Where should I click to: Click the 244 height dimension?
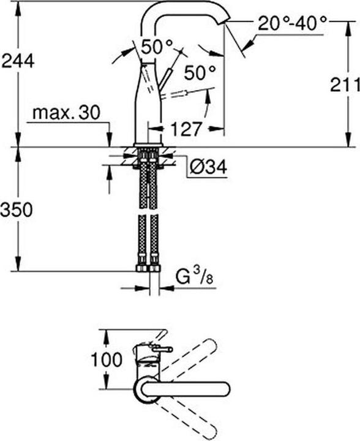click(18, 61)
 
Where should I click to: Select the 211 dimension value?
click(345, 85)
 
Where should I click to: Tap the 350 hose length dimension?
click(17, 210)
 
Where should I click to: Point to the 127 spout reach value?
click(186, 129)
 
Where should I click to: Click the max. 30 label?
click(66, 113)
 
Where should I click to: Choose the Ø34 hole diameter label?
click(208, 168)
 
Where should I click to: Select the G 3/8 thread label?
click(195, 276)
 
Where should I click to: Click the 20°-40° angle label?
click(292, 23)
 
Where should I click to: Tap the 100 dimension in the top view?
click(107, 360)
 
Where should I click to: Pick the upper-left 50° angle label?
click(157, 47)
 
